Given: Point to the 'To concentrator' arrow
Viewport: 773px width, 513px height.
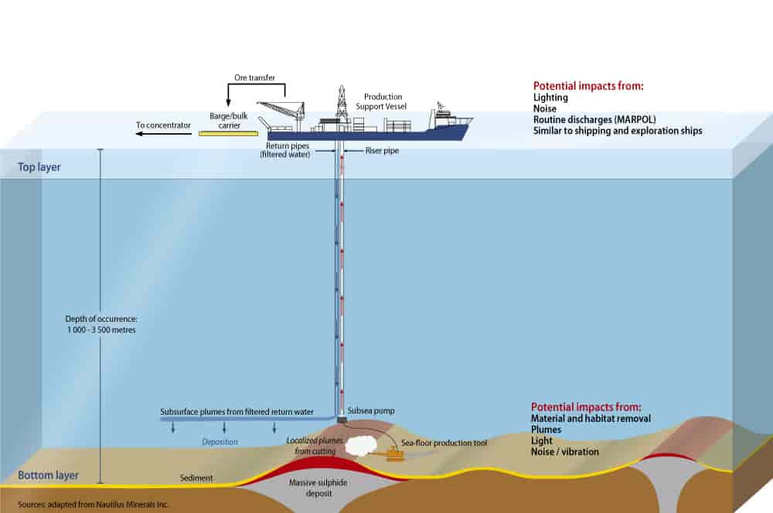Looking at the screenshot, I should click(x=162, y=134).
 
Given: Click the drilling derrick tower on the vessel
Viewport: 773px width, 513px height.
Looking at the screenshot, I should click(x=340, y=104).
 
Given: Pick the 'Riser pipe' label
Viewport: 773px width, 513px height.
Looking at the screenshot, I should click(x=381, y=151).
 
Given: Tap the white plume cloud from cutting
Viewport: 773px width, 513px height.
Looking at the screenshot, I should click(x=359, y=445).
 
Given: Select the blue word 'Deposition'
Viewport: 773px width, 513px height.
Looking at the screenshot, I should click(x=220, y=442).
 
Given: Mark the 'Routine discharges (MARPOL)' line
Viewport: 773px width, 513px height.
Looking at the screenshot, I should click(x=591, y=120).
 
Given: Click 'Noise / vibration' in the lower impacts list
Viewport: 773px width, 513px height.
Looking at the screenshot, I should click(x=564, y=451).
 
